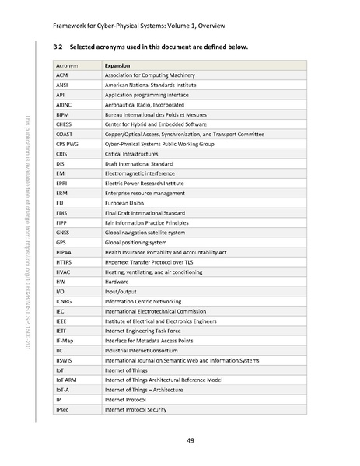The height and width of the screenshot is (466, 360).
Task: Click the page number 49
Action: [x=190, y=440]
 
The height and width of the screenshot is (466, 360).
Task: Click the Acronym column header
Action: [x=67, y=66]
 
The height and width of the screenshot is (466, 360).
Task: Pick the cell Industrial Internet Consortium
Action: [x=144, y=349]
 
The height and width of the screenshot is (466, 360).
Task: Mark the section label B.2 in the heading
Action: [x=58, y=47]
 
